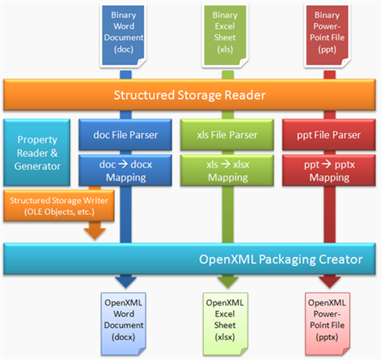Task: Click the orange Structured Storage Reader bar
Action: tap(192, 95)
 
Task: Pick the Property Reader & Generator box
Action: tap(37, 152)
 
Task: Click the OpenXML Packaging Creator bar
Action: tap(192, 259)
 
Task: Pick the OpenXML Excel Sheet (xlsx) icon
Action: tap(224, 319)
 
